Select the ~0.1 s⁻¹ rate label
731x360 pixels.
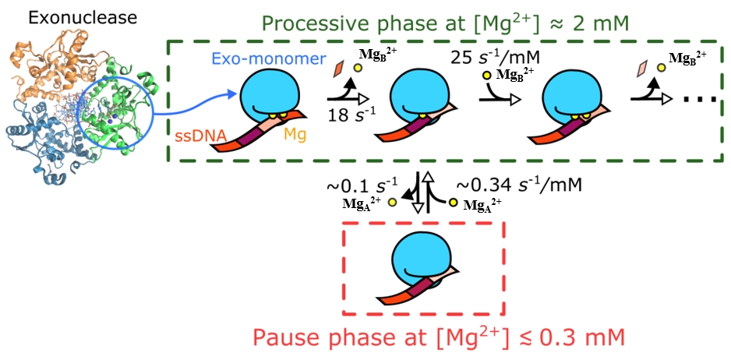[362, 187]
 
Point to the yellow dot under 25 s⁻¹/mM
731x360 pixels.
[486, 76]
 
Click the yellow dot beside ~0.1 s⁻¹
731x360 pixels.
[392, 203]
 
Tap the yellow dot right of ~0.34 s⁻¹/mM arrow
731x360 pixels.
[453, 203]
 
